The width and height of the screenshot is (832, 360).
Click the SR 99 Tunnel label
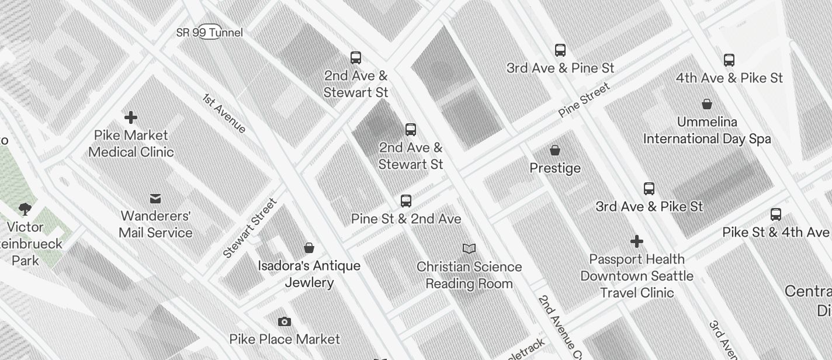[x=209, y=33]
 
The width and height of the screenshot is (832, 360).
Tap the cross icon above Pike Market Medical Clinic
[x=131, y=117]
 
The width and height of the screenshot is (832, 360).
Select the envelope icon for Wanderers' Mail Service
[x=155, y=199]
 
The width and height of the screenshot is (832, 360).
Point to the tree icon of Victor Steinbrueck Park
[x=25, y=209]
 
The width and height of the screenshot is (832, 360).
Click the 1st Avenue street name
[x=224, y=113]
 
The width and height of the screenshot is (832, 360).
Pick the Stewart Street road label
[x=249, y=229]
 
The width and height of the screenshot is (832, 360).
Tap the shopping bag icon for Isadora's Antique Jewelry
[x=309, y=248]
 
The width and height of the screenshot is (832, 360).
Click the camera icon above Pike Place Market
[x=285, y=321]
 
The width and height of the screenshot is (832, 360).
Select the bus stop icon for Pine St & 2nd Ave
[x=406, y=201]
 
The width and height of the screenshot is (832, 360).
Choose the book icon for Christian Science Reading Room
[x=469, y=249]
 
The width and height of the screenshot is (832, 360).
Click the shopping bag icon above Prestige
[x=555, y=150]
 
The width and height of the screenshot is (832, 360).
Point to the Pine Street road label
[x=584, y=100]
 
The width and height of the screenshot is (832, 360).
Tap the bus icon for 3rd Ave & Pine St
[x=560, y=50]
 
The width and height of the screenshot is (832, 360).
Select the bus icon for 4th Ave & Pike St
[x=729, y=60]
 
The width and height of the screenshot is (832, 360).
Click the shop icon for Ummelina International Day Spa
[x=707, y=104]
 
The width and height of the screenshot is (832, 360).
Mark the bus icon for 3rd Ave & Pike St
[x=649, y=189]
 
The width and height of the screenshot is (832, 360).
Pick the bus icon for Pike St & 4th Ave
[x=776, y=214]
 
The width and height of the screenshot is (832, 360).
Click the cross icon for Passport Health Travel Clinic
[x=637, y=241]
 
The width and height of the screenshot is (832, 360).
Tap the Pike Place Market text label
[x=285, y=339]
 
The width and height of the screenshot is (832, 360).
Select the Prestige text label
[x=555, y=168]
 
